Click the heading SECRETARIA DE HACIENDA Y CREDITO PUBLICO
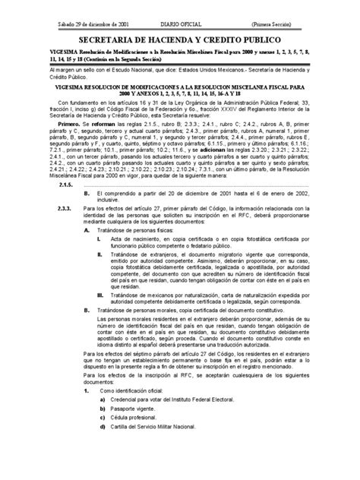pyautogui.click(x=180, y=38)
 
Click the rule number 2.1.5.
pyautogui.click(x=64, y=205)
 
